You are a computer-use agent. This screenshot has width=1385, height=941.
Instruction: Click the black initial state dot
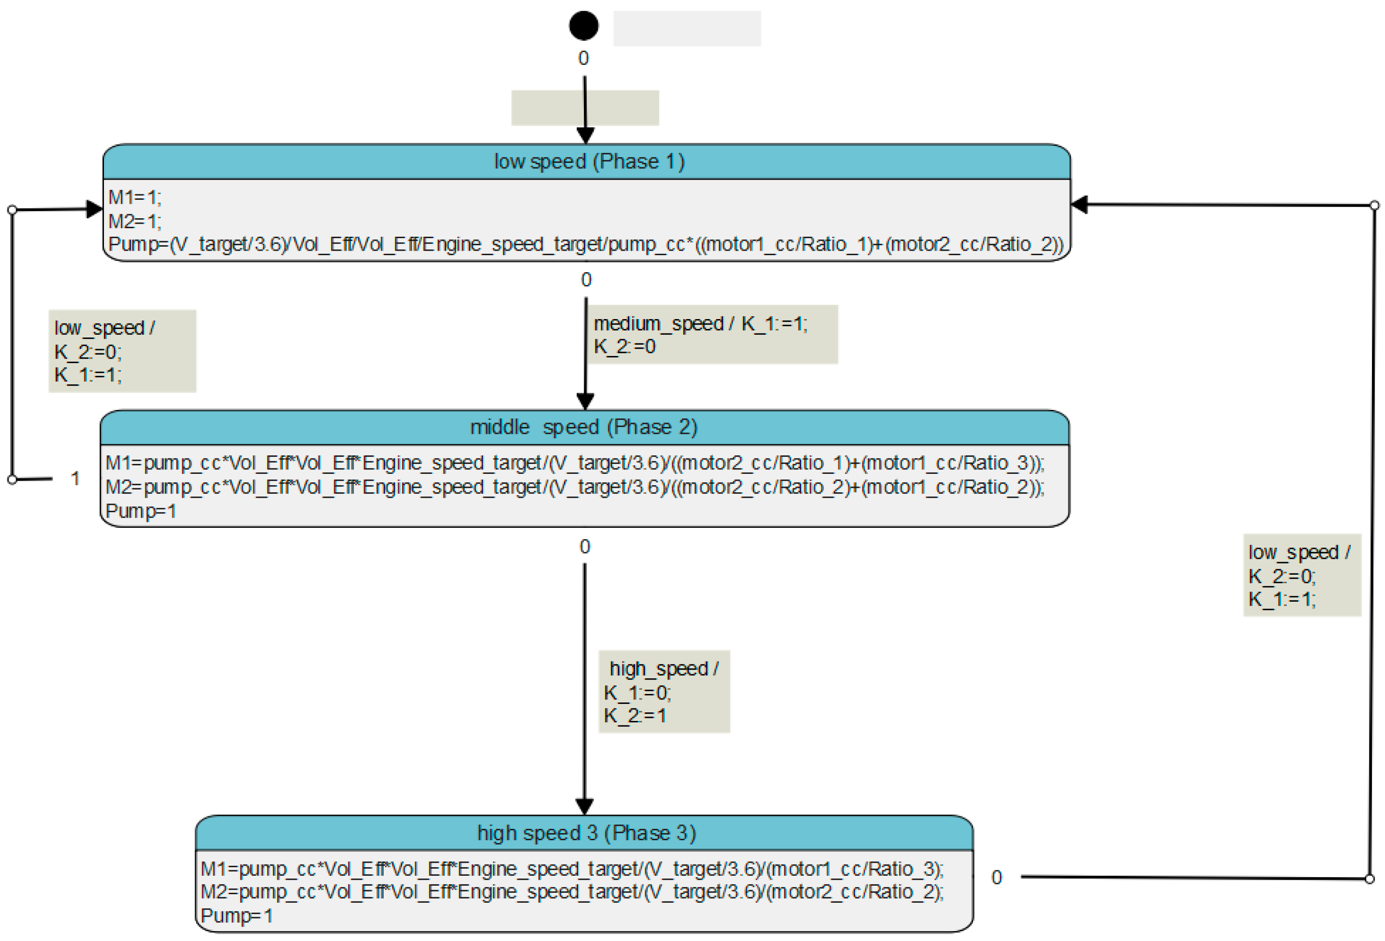tap(583, 26)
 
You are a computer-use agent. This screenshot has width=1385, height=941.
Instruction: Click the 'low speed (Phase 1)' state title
tap(589, 162)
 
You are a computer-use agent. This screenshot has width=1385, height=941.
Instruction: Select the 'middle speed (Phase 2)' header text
tap(583, 427)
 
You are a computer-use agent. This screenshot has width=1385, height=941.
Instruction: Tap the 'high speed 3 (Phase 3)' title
tap(587, 833)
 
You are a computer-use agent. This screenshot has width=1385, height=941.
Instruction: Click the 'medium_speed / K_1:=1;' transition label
tap(700, 324)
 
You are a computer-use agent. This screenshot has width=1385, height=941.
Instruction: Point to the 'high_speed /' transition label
tap(663, 668)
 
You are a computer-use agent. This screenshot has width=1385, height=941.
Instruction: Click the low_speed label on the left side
tap(104, 328)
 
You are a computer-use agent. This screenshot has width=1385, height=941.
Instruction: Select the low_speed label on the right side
tap(1299, 552)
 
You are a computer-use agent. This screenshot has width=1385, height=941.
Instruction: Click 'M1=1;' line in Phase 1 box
tap(134, 198)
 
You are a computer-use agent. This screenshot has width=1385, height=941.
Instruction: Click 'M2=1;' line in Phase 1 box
tap(134, 221)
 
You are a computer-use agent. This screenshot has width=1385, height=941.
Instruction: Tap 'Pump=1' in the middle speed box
tap(141, 511)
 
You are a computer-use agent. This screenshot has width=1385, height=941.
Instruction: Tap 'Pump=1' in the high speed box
tap(237, 915)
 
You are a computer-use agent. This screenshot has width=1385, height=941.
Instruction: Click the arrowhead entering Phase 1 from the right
tap(1079, 205)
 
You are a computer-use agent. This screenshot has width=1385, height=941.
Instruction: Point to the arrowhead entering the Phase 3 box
tap(584, 806)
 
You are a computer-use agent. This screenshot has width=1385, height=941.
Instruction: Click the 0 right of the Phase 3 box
tap(996, 877)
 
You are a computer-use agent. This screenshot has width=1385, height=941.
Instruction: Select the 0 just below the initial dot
tap(583, 58)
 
